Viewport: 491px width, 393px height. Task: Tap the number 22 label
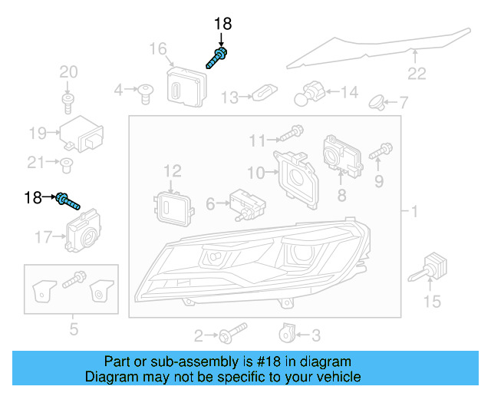pos(416,74)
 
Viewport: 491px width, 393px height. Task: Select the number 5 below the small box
pos(74,330)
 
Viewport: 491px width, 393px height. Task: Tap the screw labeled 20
pos(68,100)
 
